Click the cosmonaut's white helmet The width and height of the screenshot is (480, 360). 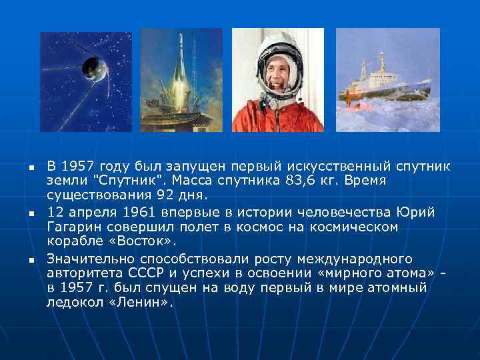tap(277, 50)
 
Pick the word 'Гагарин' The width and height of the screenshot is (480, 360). tap(74, 227)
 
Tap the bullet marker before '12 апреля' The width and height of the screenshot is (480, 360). tap(31, 213)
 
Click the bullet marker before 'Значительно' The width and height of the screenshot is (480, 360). tap(31, 259)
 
